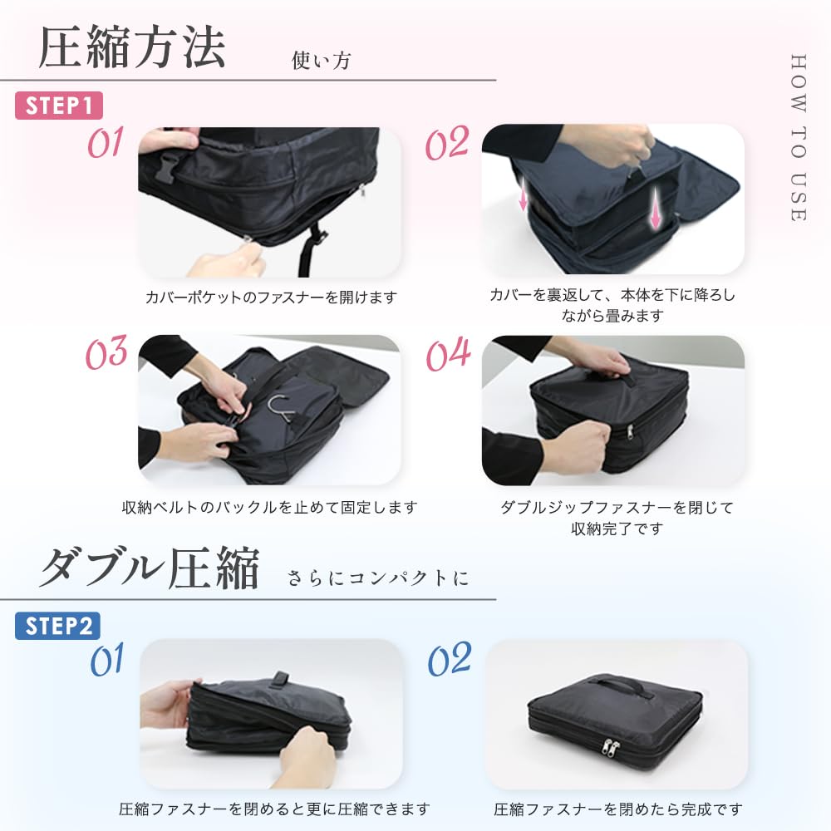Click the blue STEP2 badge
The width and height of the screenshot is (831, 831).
tap(57, 626)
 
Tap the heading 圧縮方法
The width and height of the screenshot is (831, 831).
tap(132, 48)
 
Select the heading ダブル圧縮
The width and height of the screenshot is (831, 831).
tap(150, 569)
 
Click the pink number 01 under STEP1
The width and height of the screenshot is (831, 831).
tap(106, 143)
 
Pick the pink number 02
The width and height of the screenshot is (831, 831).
tap(447, 144)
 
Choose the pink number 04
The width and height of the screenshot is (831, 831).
tap(448, 355)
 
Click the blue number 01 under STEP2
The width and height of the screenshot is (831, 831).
tap(107, 661)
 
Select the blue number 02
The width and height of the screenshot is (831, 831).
tap(449, 660)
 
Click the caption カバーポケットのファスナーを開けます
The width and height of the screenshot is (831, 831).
tap(271, 297)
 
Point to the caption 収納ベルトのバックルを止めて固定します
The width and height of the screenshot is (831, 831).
tap(269, 507)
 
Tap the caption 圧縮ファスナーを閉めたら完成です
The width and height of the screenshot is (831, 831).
tap(617, 809)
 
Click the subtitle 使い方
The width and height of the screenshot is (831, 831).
tap(321, 61)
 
